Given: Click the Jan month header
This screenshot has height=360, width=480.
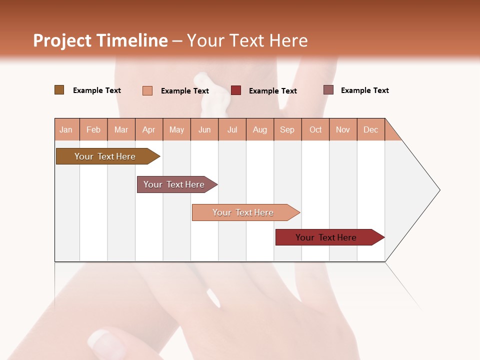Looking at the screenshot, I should click(x=66, y=129).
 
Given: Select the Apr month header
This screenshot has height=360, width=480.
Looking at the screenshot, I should click(x=148, y=129).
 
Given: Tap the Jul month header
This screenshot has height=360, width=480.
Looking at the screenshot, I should click(x=232, y=129).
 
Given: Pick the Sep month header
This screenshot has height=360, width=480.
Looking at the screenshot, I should click(x=287, y=129).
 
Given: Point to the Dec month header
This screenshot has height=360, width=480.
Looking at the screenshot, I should click(x=370, y=129).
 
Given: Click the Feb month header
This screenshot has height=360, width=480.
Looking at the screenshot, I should click(x=93, y=129).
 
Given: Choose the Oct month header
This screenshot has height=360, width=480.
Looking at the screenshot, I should click(x=315, y=129).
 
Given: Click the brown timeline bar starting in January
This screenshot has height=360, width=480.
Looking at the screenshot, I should click(x=105, y=156).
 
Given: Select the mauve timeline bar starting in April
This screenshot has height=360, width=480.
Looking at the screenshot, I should click(x=174, y=184).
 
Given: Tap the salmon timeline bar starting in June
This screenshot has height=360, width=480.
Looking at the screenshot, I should click(x=243, y=212).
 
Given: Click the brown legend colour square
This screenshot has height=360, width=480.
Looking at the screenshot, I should click(x=59, y=90).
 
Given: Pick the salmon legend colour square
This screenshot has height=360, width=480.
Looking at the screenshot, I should click(x=147, y=90).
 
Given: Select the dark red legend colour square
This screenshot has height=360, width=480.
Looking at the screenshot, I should click(x=236, y=90).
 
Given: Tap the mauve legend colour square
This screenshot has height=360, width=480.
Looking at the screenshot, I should click(x=328, y=90).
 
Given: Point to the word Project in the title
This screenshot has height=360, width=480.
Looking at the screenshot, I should click(x=62, y=40).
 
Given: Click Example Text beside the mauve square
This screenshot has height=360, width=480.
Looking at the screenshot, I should click(x=364, y=90).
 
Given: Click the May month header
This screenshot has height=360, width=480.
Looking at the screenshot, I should click(x=176, y=129).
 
